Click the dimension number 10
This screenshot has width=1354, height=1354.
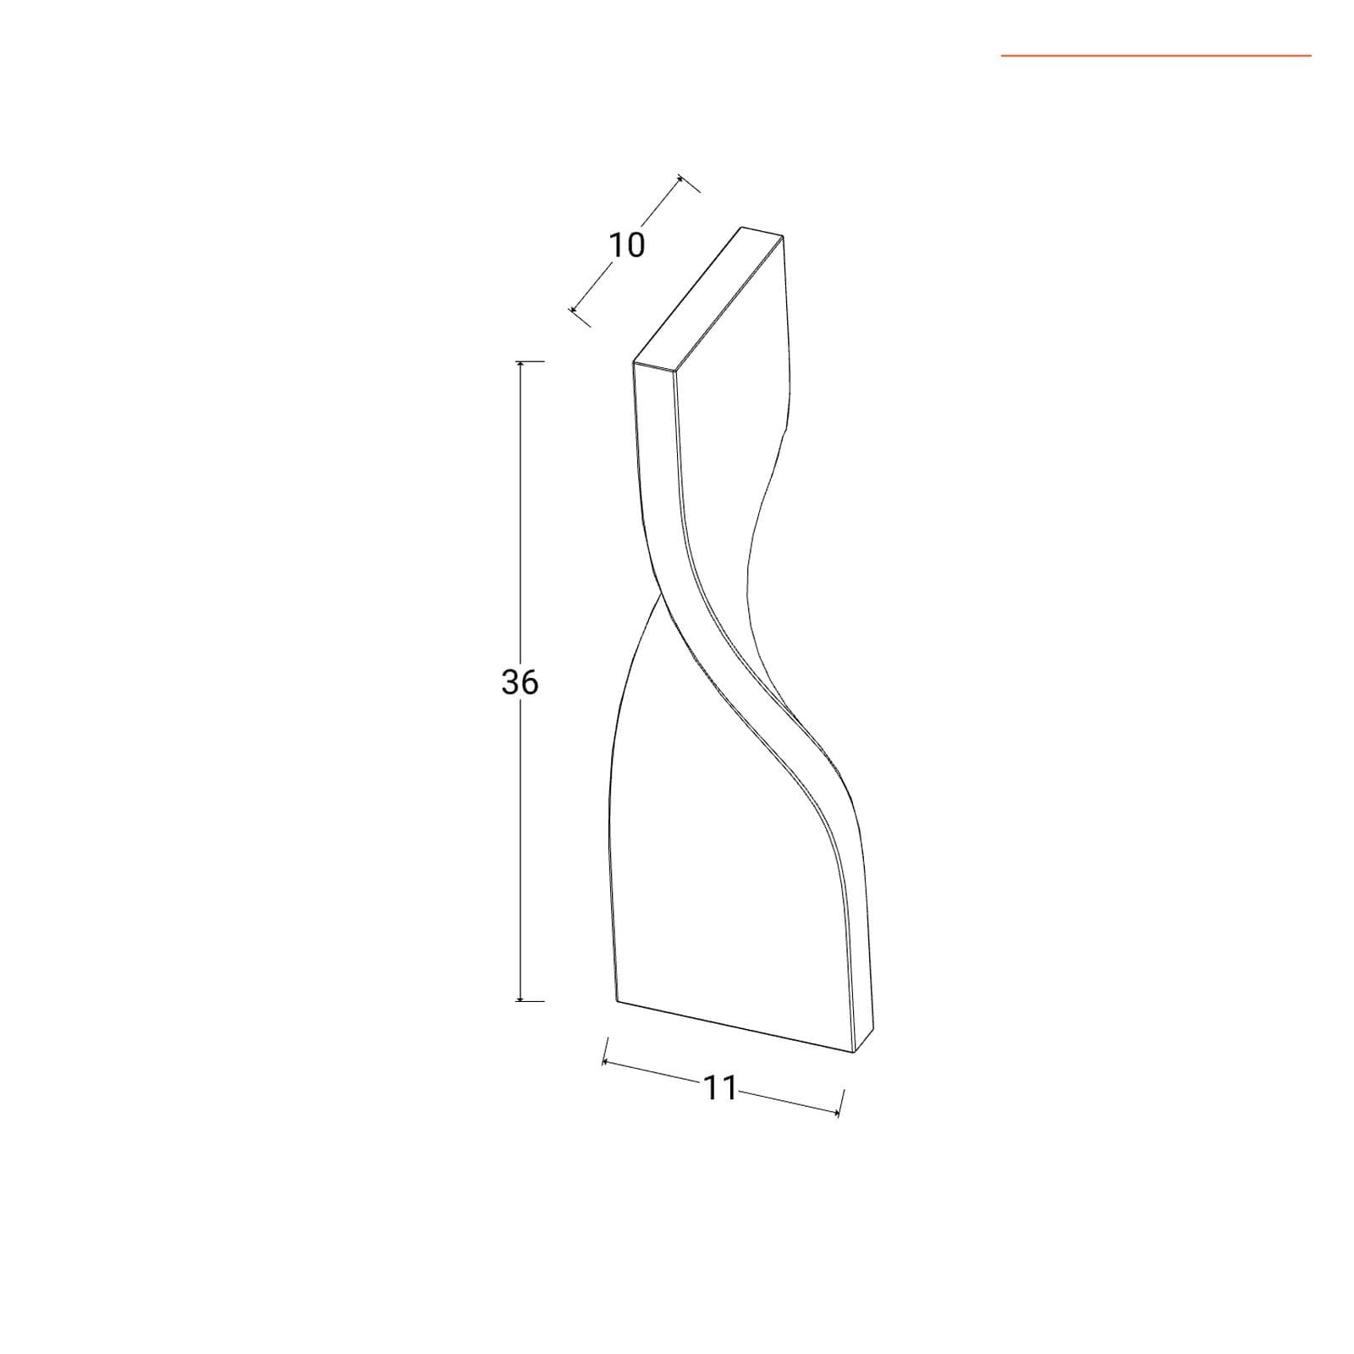[x=627, y=245]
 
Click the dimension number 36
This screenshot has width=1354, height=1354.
[x=520, y=681]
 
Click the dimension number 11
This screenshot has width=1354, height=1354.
[x=720, y=1088]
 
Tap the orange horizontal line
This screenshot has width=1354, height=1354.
[x=1156, y=56]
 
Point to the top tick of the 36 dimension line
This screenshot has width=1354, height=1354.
[x=530, y=361]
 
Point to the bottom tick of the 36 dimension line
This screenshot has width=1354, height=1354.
[x=530, y=1000]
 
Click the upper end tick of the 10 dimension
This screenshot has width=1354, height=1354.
[x=689, y=184]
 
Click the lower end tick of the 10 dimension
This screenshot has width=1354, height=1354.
[x=580, y=316]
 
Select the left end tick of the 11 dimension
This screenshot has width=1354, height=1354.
[x=604, y=1051]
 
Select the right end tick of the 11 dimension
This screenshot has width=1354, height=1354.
[x=840, y=1103]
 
